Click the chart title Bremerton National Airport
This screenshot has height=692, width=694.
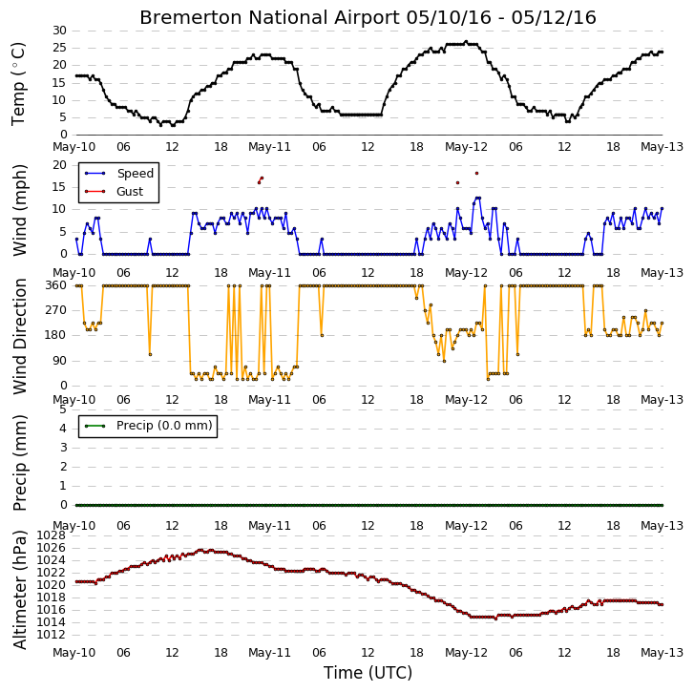coord(269,18)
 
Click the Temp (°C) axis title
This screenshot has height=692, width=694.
coord(18,84)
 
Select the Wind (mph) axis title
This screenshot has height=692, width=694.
coord(19,210)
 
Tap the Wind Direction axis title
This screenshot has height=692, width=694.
coord(19,336)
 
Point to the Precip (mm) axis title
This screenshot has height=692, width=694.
coord(19,463)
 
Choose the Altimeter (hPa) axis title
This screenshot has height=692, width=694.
coord(19,589)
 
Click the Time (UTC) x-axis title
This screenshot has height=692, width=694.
coord(368,673)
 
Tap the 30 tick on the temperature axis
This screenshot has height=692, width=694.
coord(60,31)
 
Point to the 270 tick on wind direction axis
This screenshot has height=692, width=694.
coord(56,310)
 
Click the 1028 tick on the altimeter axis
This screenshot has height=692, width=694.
coord(51,535)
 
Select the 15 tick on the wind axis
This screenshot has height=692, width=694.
coord(60,187)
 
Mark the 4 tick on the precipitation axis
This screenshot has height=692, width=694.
coord(63,429)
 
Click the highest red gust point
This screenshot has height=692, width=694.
coord(476,174)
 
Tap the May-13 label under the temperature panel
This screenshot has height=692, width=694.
coord(662,147)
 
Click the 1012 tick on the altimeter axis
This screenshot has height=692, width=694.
coord(51,635)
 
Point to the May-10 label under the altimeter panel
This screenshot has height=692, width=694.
coord(74,653)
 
